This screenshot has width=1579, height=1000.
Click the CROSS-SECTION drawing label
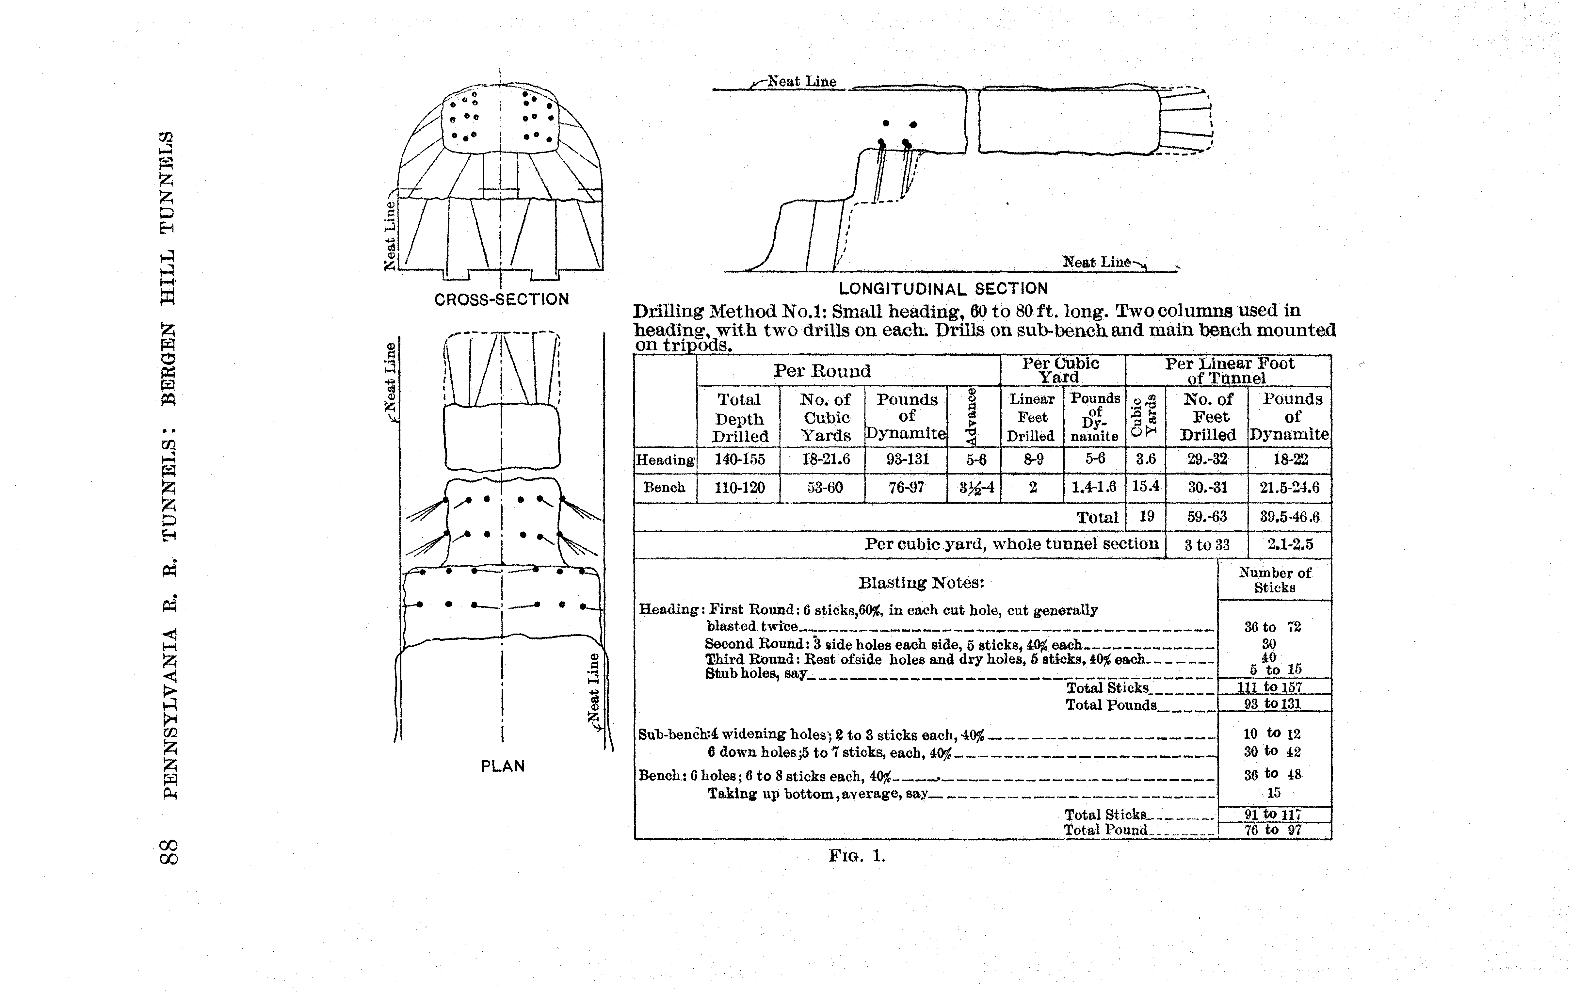pos(502,300)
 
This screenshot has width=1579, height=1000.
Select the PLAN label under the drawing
pos(503,766)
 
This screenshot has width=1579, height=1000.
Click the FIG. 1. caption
pos(857,856)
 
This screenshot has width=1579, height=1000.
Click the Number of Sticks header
pos(1275,580)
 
